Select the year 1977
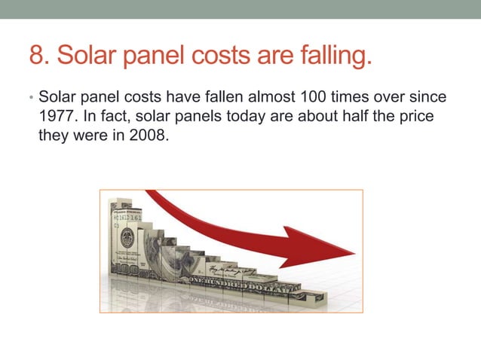tap(55, 117)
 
